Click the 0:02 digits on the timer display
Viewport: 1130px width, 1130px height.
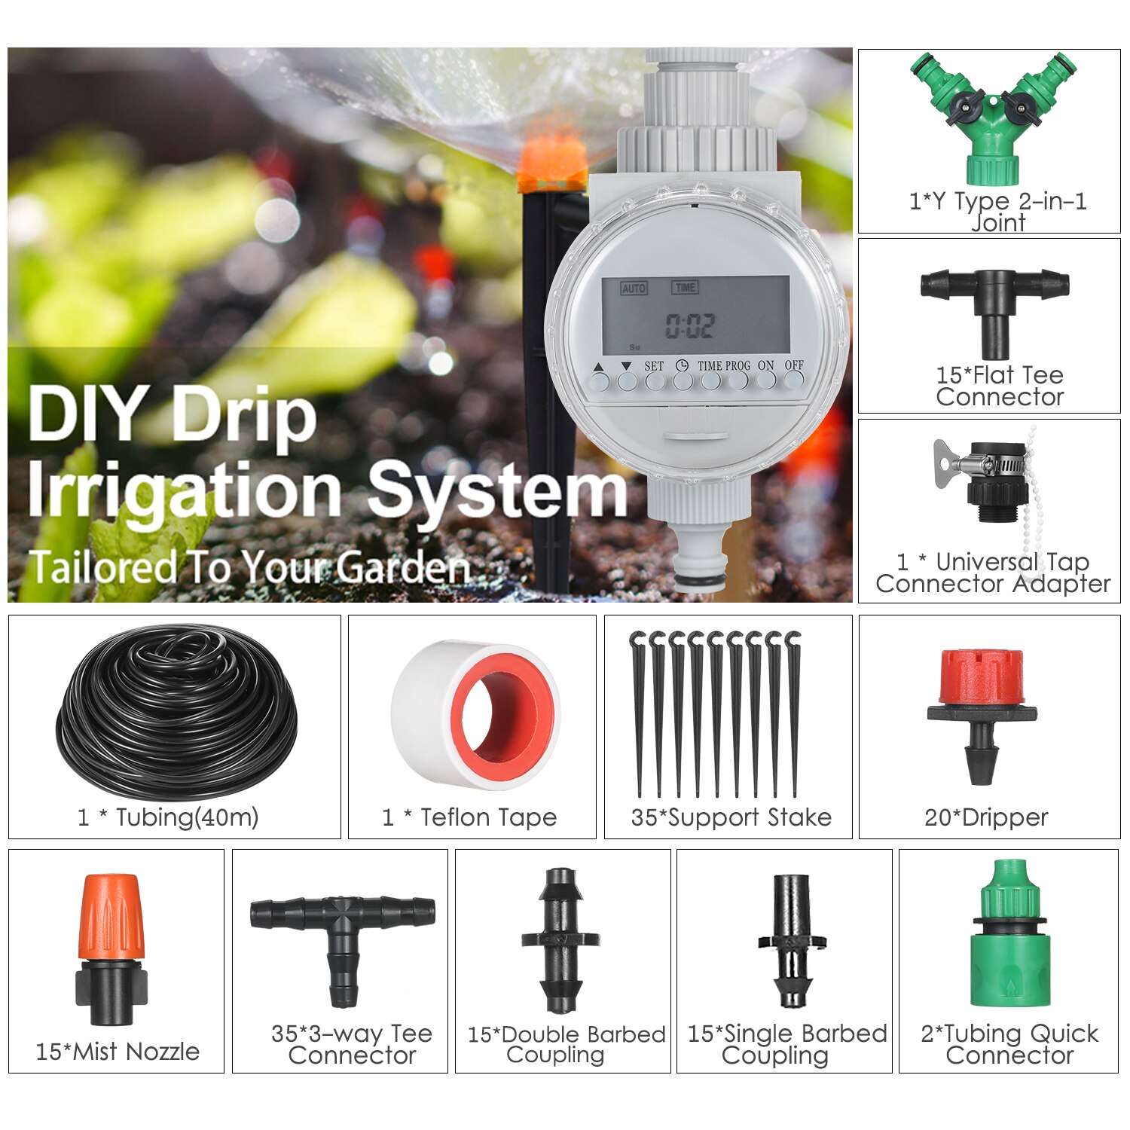coord(689,325)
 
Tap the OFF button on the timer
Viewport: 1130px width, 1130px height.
coord(793,380)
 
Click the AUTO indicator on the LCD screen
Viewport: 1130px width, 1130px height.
coord(634,288)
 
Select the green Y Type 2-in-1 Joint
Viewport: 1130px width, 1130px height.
coord(993,121)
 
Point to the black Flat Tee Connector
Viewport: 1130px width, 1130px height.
coord(994,301)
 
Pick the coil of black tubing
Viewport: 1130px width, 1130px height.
coord(177,712)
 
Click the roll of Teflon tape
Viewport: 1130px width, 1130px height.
coord(475,712)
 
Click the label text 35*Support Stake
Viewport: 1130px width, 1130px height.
coord(731,817)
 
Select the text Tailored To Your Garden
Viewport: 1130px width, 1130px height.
coord(249,567)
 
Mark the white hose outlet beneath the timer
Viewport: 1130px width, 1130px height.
coord(700,557)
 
